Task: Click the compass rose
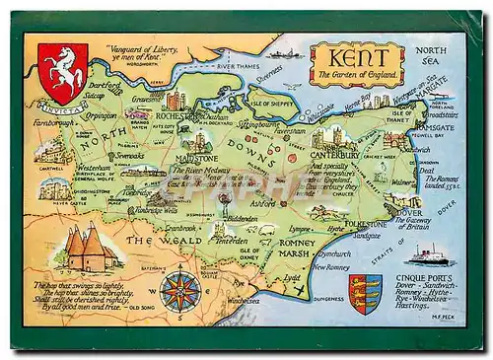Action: click(179, 291)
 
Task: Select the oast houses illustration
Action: click(87, 248)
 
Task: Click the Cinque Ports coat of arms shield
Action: click(365, 293)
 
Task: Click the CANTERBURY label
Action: click(334, 155)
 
